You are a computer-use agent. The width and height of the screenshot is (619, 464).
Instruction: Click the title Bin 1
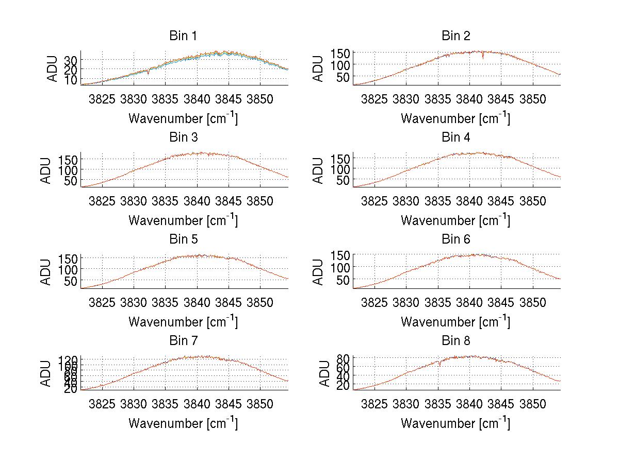183,36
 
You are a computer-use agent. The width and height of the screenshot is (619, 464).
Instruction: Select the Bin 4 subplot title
456,138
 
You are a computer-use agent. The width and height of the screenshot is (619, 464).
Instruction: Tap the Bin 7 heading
183,341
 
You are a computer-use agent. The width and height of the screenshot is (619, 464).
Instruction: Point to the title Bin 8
456,341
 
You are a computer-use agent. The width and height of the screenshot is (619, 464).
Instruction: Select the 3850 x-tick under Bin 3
260,200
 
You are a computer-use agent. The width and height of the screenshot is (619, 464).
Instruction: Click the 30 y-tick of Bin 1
70,60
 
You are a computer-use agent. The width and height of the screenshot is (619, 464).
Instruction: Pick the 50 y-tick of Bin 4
343,180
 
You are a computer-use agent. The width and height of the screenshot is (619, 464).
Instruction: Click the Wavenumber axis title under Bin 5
183,321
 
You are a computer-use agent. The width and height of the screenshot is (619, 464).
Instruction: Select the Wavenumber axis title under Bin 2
456,118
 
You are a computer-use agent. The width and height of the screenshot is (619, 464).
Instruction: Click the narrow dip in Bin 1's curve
149,73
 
